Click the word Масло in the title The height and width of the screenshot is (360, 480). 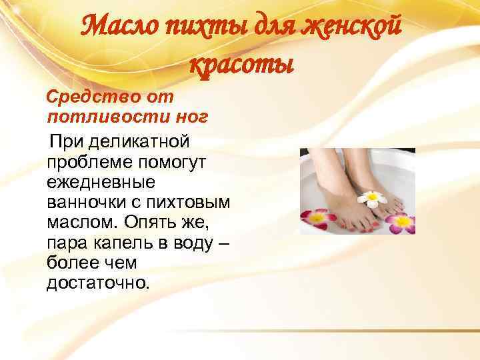click(119, 29)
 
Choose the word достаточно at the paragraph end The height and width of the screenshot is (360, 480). click(99, 283)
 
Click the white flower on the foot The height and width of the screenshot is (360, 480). click(372, 199)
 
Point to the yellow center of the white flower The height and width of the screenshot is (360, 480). click(372, 199)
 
